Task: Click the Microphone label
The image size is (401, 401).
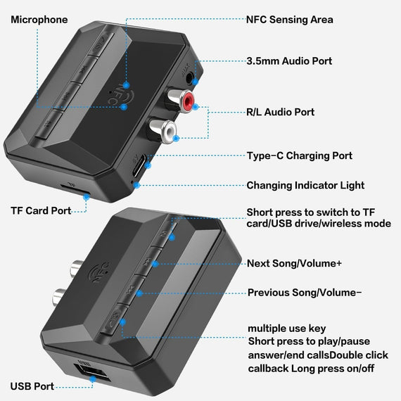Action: [39, 20]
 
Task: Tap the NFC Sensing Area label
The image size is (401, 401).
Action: [289, 20]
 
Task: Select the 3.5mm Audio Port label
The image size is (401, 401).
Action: [288, 61]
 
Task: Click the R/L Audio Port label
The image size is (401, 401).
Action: [280, 112]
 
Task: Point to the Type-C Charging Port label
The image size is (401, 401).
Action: [299, 155]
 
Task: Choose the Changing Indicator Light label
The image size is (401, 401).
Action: [305, 186]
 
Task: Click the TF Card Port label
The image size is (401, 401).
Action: [41, 210]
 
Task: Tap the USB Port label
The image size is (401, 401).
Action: [32, 386]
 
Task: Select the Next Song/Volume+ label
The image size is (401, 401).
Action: [294, 263]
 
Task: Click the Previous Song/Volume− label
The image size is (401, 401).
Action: [304, 293]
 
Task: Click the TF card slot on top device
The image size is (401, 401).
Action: [71, 192]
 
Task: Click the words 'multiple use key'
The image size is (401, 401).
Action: [286, 329]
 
